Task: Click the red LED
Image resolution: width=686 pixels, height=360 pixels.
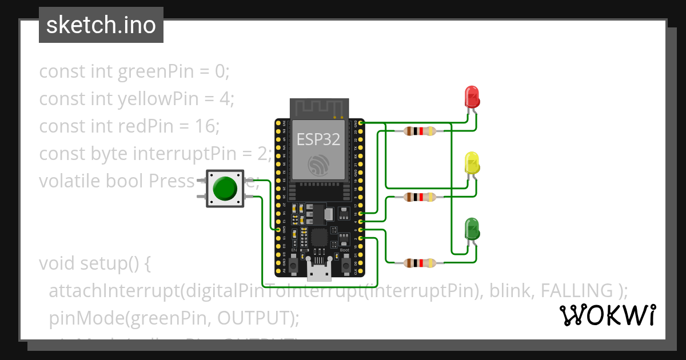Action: [472, 97]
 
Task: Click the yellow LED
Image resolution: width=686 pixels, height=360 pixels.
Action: [472, 163]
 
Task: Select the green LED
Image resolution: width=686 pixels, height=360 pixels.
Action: [472, 229]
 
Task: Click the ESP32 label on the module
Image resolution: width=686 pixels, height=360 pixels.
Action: [319, 139]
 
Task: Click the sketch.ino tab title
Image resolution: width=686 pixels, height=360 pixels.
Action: [101, 26]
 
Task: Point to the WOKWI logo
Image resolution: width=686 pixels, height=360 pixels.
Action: [607, 315]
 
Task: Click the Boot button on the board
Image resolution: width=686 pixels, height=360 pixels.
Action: [345, 264]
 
